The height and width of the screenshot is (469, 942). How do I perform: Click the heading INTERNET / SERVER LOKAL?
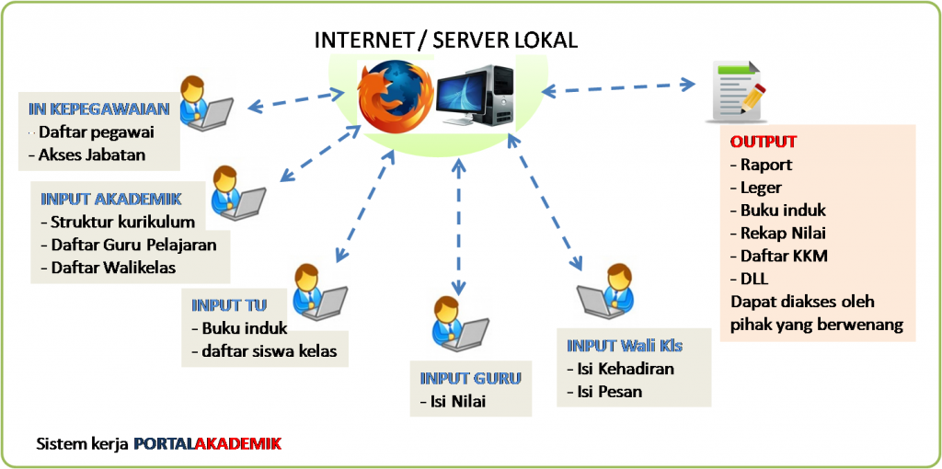[446, 40]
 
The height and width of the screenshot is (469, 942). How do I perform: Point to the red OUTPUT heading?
[764, 143]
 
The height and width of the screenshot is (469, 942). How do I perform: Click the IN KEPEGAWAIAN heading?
[98, 109]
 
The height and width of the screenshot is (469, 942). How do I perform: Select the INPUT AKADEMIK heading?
[111, 198]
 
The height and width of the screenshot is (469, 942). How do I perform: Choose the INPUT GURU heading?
[470, 378]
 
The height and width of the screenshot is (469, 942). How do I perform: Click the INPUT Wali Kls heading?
[625, 346]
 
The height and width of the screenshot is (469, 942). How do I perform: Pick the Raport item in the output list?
[766, 166]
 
